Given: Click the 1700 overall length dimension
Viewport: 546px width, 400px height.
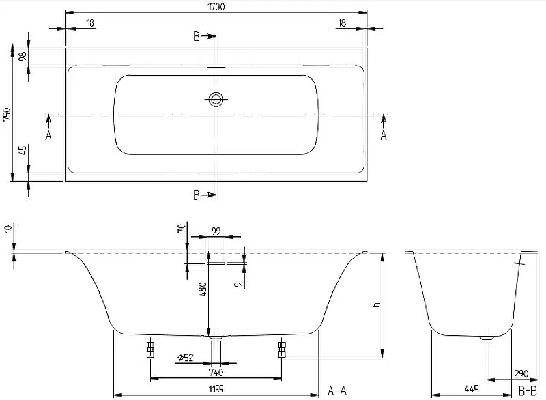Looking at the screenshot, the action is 216,6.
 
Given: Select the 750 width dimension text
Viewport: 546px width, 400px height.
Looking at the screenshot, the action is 7,115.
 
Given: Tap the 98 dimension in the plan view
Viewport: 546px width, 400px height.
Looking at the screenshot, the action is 23,57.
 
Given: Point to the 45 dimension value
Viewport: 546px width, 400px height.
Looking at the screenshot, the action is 23,150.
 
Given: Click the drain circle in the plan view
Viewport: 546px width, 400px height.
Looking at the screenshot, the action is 216,99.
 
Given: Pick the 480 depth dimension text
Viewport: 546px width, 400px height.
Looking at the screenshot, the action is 203,289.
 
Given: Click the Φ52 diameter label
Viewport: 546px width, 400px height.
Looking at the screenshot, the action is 185,357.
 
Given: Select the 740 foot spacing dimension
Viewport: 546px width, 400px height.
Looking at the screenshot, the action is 216,372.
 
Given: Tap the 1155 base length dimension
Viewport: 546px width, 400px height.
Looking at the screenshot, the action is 216,389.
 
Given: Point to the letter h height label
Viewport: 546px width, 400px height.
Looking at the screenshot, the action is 377,305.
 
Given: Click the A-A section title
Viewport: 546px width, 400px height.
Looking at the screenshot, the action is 337,390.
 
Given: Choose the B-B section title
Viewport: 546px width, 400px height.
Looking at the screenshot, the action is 528,390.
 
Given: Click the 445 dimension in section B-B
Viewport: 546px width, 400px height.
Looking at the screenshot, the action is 472,389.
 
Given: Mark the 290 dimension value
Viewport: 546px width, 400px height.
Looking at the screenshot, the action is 521,374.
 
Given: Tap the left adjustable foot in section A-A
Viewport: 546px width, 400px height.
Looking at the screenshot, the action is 150,349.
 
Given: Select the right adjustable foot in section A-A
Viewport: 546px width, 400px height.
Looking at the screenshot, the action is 282,349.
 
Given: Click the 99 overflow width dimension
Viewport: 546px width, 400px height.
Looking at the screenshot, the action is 216,231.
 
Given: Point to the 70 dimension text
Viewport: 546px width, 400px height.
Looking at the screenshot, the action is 182,229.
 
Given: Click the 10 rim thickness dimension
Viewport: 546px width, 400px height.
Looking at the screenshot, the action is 8,229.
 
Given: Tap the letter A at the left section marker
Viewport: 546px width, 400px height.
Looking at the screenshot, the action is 48,135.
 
